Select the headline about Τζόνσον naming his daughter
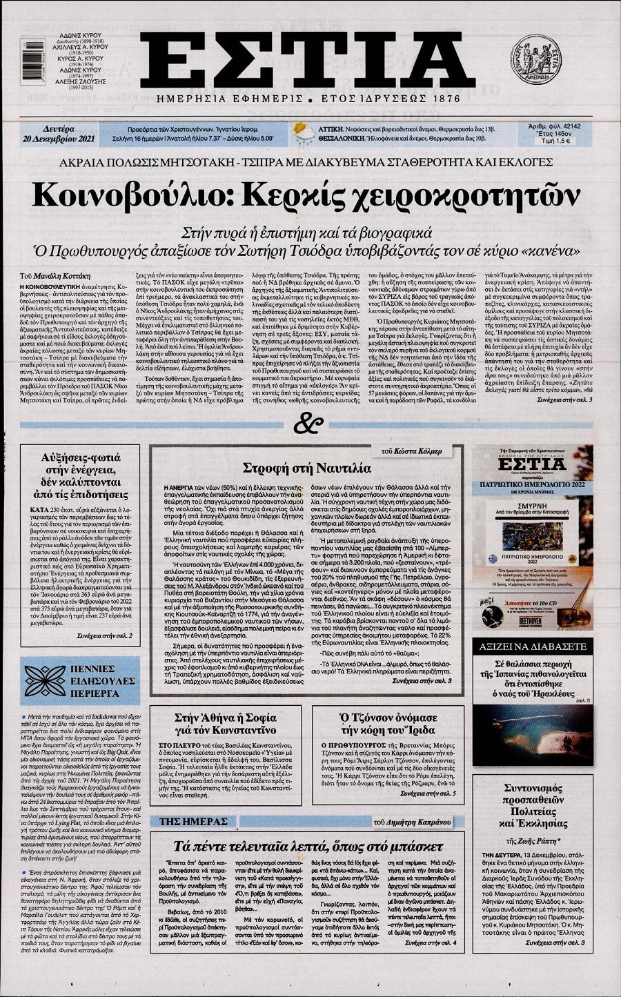[x=399, y=723]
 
